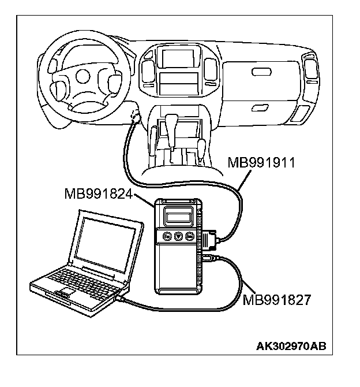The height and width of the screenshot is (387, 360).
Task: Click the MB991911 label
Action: click(262, 162)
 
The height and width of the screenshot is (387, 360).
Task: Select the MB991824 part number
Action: click(99, 195)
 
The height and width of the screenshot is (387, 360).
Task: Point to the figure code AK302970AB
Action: click(291, 347)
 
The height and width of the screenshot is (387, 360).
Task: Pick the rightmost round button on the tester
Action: click(189, 236)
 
